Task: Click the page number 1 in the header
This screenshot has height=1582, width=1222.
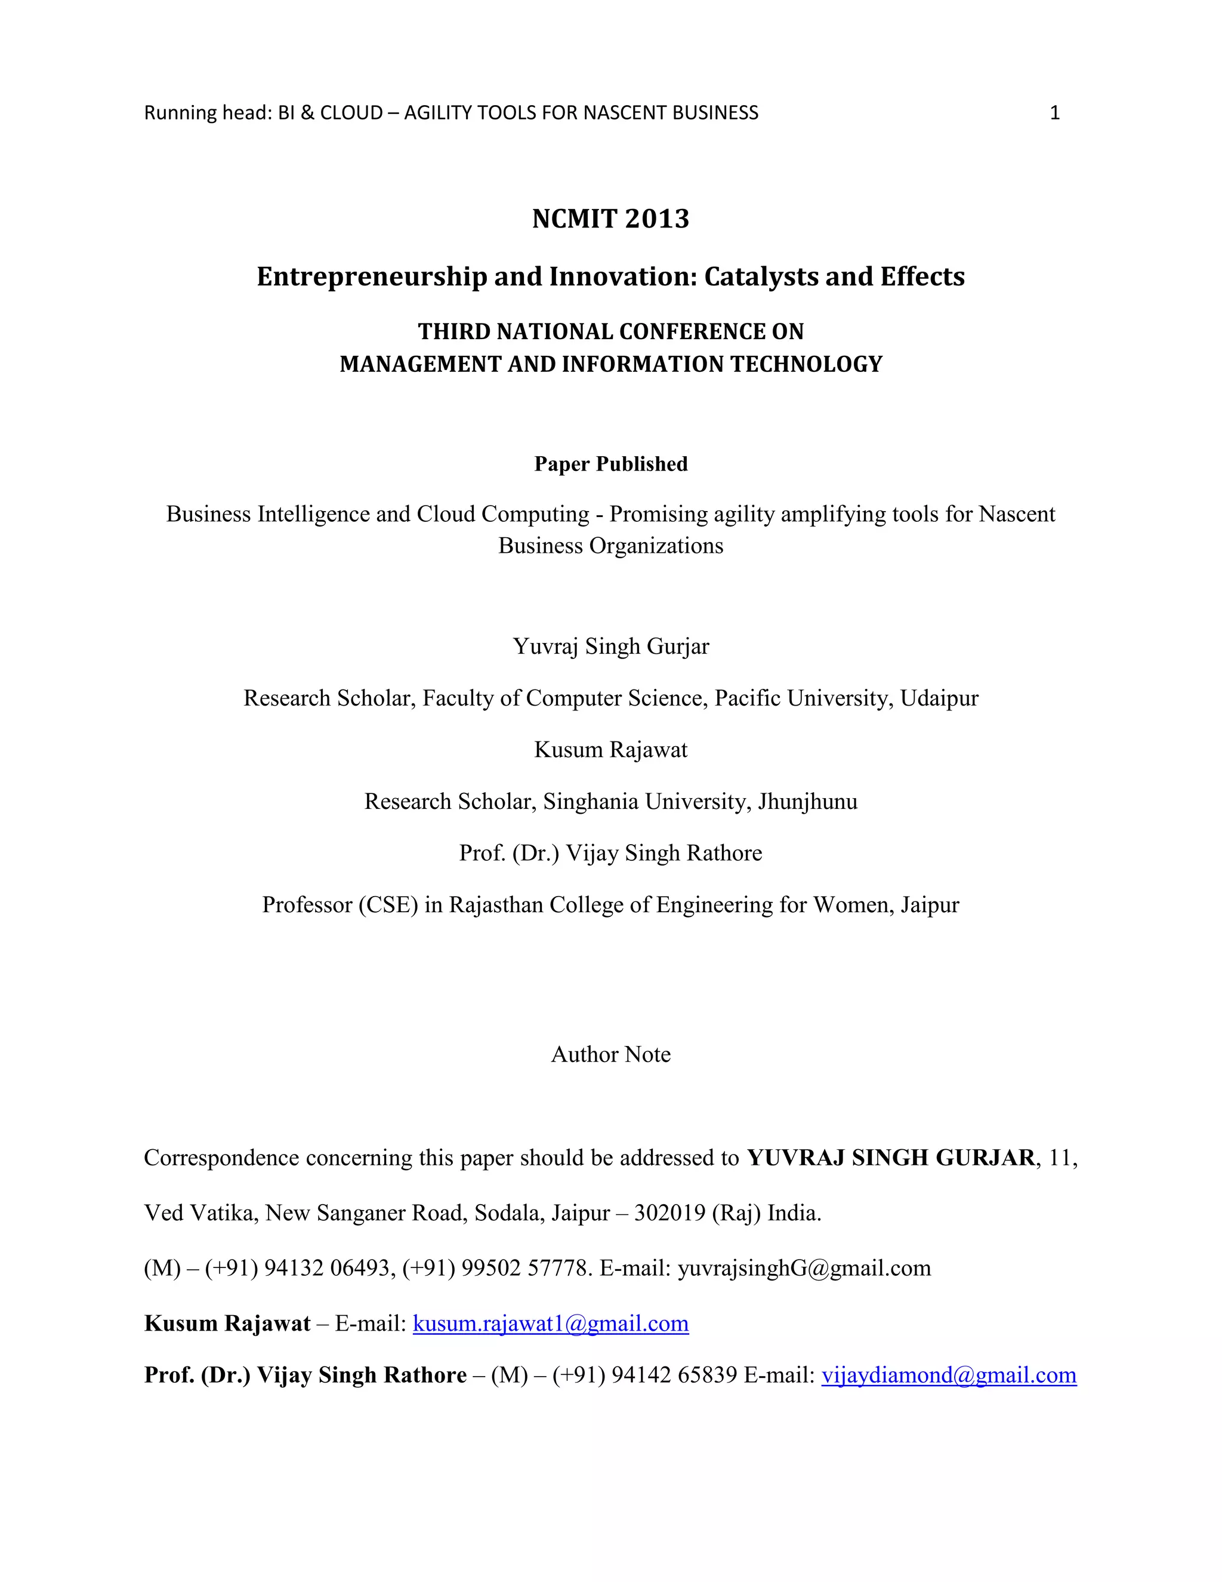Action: tap(1054, 113)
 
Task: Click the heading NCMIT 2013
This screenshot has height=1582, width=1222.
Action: tap(610, 218)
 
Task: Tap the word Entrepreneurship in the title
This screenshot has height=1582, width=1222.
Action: tap(371, 277)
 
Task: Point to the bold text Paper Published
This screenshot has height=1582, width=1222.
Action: tap(610, 464)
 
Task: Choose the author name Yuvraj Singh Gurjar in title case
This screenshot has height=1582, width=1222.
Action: tap(610, 646)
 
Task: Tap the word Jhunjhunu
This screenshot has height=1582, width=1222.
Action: tap(807, 801)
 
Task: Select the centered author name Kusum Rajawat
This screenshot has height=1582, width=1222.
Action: tap(610, 750)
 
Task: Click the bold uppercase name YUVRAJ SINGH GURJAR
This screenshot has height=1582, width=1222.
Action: tap(890, 1158)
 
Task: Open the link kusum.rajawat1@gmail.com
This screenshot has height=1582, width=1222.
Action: tap(550, 1324)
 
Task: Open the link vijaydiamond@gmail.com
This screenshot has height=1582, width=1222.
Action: tap(948, 1375)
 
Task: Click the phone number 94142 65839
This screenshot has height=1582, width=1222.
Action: tap(674, 1375)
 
